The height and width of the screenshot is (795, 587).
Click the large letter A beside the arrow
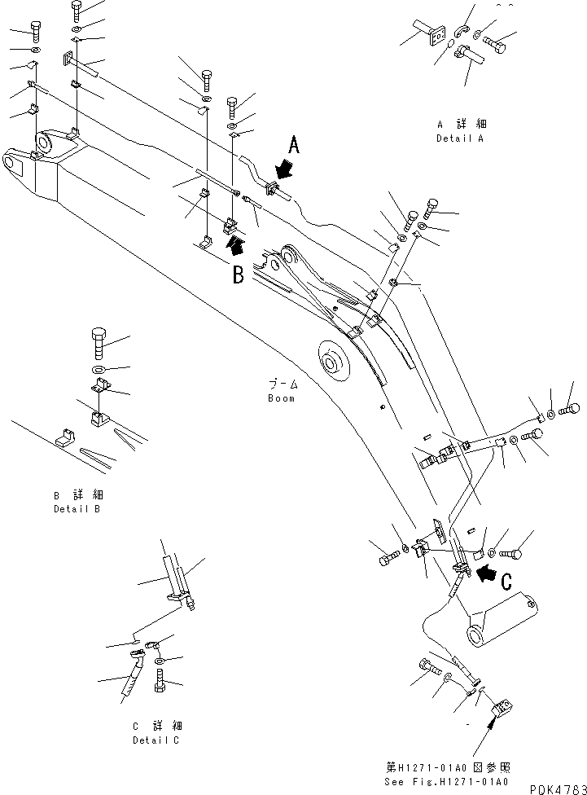[x=295, y=146]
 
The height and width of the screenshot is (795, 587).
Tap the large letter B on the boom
[x=238, y=275]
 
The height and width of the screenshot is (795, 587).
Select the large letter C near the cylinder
[x=506, y=582]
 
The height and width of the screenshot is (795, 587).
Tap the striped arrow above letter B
[x=234, y=244]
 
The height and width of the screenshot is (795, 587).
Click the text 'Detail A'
[x=460, y=138]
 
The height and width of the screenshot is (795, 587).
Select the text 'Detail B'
[x=77, y=509]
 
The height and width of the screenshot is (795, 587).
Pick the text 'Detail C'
[x=156, y=740]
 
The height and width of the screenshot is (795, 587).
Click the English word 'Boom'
[x=281, y=398]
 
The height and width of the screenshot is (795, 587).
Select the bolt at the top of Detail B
[x=99, y=341]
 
